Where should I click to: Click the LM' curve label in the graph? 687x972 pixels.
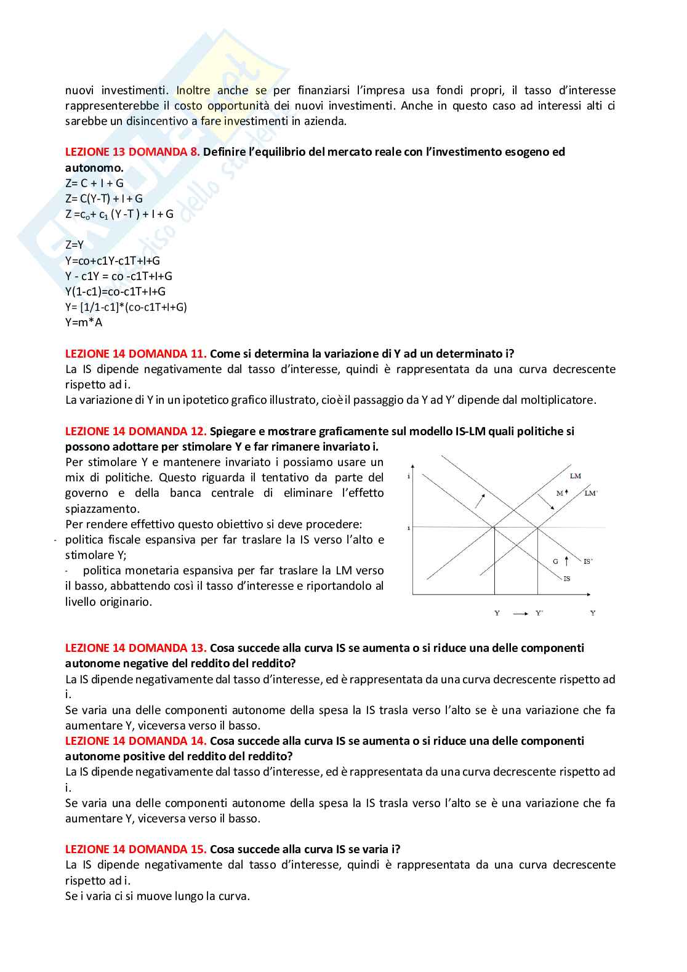click(x=590, y=493)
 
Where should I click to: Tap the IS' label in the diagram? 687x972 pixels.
click(x=588, y=561)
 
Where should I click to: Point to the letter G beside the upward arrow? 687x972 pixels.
click(x=555, y=561)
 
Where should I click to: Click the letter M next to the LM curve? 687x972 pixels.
click(x=560, y=493)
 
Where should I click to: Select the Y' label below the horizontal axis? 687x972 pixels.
click(x=539, y=613)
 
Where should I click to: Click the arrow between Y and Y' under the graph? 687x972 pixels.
click(x=520, y=613)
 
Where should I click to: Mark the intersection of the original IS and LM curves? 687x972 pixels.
click(x=494, y=527)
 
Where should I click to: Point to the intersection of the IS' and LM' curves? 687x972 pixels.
click(x=537, y=527)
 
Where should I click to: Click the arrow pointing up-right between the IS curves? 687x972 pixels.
click(x=480, y=500)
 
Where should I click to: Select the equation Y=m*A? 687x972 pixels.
click(x=84, y=323)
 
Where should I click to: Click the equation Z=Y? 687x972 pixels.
click(x=74, y=245)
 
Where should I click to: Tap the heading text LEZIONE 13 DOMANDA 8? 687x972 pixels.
click(x=132, y=152)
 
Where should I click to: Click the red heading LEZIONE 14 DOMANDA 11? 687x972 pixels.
click(x=135, y=354)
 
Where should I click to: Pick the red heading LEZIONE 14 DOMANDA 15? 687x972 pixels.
click(x=135, y=849)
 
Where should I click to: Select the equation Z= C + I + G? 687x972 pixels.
click(x=94, y=183)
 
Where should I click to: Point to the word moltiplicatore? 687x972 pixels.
click(x=558, y=400)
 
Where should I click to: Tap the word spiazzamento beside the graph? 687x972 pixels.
click(x=93, y=508)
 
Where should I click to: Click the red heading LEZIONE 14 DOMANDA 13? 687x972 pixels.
click(x=135, y=648)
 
